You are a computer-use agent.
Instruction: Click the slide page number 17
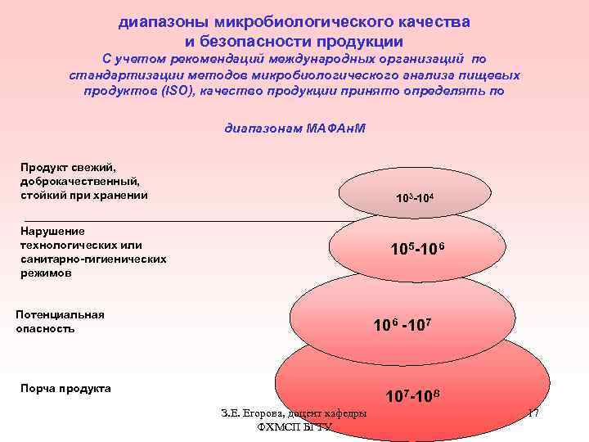click(533, 413)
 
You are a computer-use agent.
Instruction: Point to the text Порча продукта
click(65, 388)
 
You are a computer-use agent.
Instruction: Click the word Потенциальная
click(61, 315)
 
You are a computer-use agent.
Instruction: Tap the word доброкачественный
click(81, 181)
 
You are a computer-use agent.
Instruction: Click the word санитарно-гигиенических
click(93, 259)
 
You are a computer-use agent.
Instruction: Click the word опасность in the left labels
click(46, 328)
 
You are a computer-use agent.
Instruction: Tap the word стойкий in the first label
click(43, 194)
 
